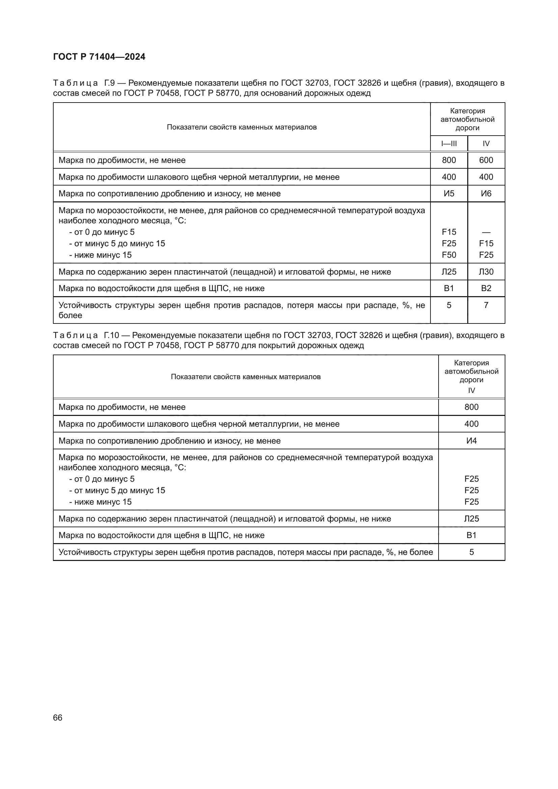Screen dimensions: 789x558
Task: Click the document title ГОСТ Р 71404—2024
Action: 99,57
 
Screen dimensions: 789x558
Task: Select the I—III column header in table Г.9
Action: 449,144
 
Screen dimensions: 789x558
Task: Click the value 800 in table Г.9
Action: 449,160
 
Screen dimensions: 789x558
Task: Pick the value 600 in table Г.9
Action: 486,160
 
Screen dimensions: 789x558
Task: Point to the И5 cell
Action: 449,194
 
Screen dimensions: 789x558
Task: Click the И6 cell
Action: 486,194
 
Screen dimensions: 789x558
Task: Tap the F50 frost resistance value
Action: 449,255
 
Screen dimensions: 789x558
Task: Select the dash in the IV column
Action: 486,232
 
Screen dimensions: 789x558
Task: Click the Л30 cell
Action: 486,272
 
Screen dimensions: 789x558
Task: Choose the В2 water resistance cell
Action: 486,288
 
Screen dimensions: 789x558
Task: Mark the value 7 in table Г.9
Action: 486,305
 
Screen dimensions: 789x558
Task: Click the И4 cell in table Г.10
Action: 471,441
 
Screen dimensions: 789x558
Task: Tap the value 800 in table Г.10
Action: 471,407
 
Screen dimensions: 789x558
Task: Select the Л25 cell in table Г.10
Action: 471,518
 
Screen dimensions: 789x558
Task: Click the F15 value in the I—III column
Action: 449,232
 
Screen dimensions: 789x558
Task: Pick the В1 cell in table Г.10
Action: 471,535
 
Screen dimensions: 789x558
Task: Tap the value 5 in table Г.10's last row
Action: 471,552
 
